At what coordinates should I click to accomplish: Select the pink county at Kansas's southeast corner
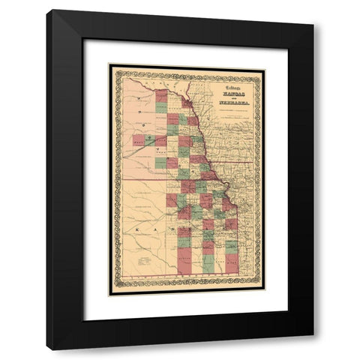tap(232, 262)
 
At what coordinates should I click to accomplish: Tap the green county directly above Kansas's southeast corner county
tap(232, 247)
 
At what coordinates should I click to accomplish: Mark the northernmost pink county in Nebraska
tap(161, 95)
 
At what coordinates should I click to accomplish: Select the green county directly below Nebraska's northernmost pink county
tap(161, 107)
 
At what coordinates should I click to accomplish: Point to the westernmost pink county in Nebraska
tap(138, 139)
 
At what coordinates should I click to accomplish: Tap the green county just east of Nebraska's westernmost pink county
tap(149, 139)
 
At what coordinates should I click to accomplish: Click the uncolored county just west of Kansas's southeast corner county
tap(220, 262)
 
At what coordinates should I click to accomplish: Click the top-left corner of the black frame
tap(46, 10)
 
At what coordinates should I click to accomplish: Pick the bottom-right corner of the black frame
tap(313, 349)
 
